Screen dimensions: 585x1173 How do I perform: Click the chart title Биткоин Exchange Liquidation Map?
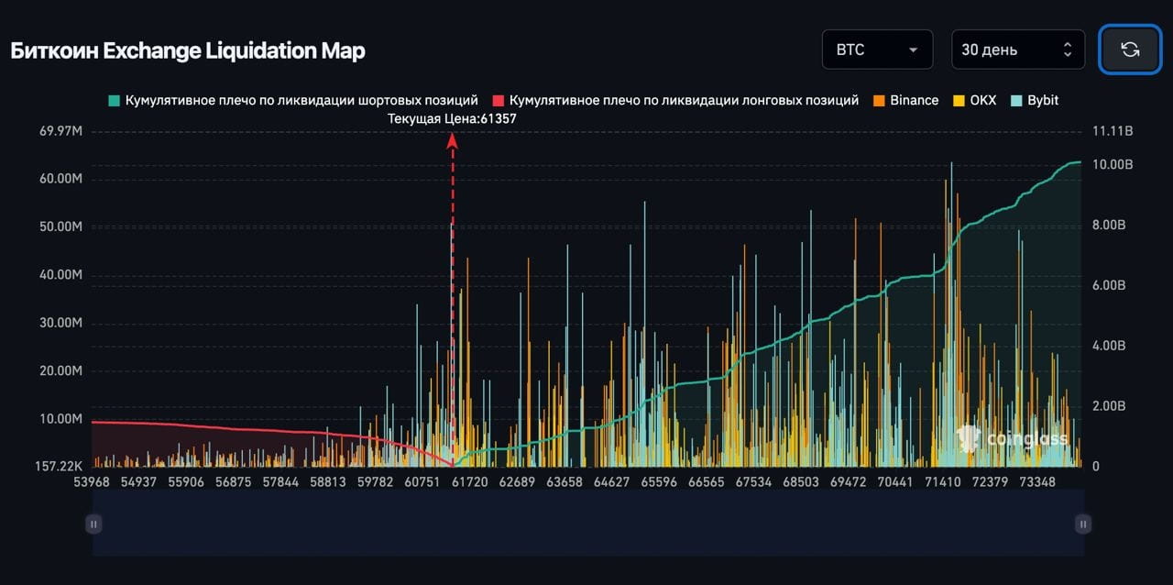pos(188,50)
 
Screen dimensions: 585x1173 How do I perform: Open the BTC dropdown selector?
pos(877,50)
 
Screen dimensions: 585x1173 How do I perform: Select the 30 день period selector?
pos(1017,50)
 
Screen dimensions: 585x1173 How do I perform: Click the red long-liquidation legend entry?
pos(675,100)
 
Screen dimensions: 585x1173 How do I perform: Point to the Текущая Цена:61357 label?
pos(452,118)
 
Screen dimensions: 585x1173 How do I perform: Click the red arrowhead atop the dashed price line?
pos(452,139)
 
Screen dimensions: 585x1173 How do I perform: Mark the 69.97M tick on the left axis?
pos(60,131)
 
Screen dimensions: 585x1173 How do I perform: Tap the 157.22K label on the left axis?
pos(60,467)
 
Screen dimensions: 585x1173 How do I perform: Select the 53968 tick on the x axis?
pos(91,481)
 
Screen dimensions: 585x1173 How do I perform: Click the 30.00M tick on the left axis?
pos(60,323)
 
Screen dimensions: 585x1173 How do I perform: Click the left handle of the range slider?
pos(93,524)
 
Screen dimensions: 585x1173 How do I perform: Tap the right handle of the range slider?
pos(1083,524)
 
